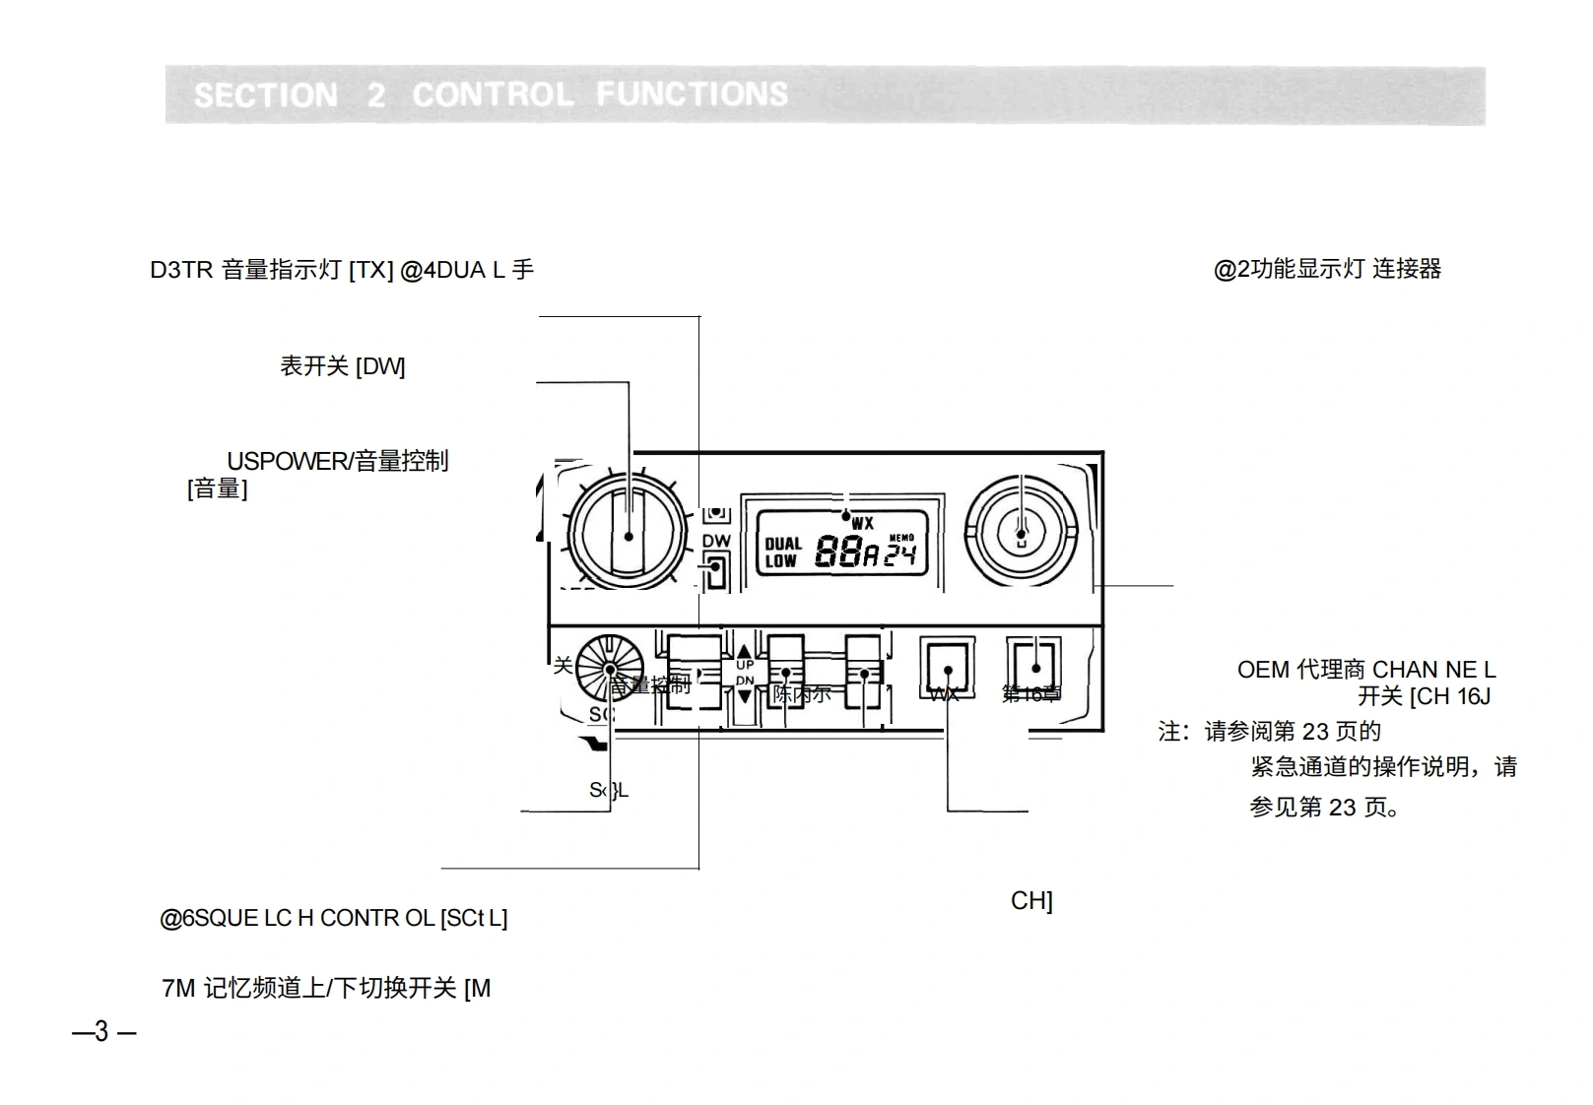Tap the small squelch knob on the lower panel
coord(610,669)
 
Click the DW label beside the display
coord(716,542)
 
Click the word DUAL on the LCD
coord(783,544)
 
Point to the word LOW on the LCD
coord(780,561)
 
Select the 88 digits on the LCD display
coord(838,553)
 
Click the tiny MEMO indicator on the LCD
coord(901,538)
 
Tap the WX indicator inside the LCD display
coord(863,524)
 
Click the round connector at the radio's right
coord(1022,533)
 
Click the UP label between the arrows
coord(745,666)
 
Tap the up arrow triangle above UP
coord(745,651)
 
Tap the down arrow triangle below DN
coord(745,696)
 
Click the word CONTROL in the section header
coord(493,95)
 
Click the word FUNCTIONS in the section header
coord(692,95)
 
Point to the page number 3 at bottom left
coord(101,1031)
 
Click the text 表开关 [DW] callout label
coord(342,366)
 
